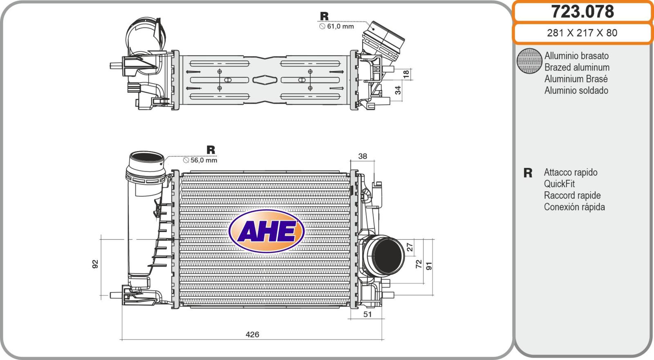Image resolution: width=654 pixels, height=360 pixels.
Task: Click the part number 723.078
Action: [582, 12]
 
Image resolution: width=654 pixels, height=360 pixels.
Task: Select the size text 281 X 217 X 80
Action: [582, 33]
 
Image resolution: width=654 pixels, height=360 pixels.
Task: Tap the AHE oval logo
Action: [267, 231]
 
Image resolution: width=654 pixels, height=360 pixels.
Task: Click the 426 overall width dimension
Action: [252, 334]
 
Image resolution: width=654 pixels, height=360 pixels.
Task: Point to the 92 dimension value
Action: [95, 264]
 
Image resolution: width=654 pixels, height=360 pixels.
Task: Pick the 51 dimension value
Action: [367, 314]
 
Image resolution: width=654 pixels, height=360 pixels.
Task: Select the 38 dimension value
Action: [362, 156]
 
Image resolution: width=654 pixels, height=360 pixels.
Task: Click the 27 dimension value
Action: [410, 247]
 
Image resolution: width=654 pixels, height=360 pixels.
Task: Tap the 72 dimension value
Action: [419, 264]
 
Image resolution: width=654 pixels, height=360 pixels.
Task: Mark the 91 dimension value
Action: [429, 266]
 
